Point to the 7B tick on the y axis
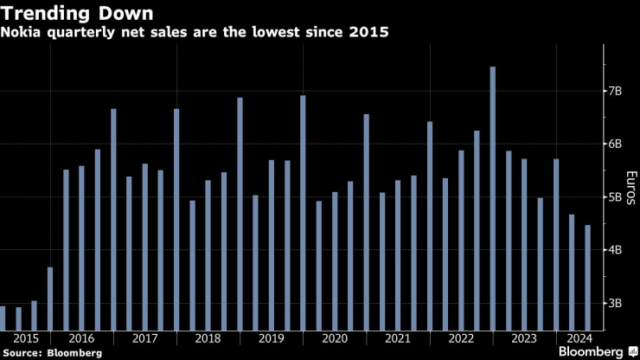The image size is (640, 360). pyautogui.click(x=614, y=91)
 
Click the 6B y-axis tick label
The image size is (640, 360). pyautogui.click(x=614, y=144)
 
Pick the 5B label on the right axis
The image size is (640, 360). pyautogui.click(x=614, y=197)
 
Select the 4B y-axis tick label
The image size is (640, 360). pyautogui.click(x=614, y=250)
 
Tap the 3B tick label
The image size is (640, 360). pyautogui.click(x=614, y=303)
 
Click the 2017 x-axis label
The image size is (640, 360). pyautogui.click(x=144, y=338)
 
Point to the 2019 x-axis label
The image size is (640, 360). pyautogui.click(x=271, y=338)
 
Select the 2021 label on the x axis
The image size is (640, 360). pyautogui.click(x=397, y=338)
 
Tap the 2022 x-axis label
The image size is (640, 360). pyautogui.click(x=460, y=338)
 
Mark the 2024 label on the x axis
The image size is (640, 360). pyautogui.click(x=579, y=338)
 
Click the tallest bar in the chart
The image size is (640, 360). pyautogui.click(x=492, y=199)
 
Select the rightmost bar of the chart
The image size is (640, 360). pyautogui.click(x=587, y=277)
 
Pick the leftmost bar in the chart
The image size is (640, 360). pyautogui.click(x=3, y=318)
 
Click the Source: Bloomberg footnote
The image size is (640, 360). pyautogui.click(x=52, y=353)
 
